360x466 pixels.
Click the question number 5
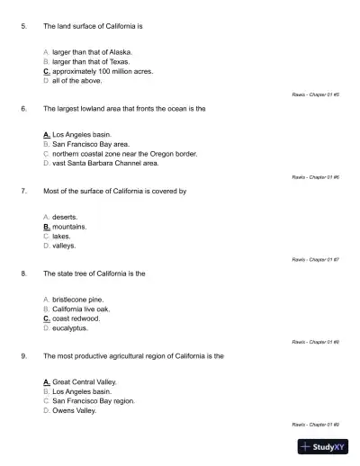(x=23, y=25)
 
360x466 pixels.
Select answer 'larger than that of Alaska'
(x=92, y=53)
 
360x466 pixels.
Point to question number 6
(x=23, y=108)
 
